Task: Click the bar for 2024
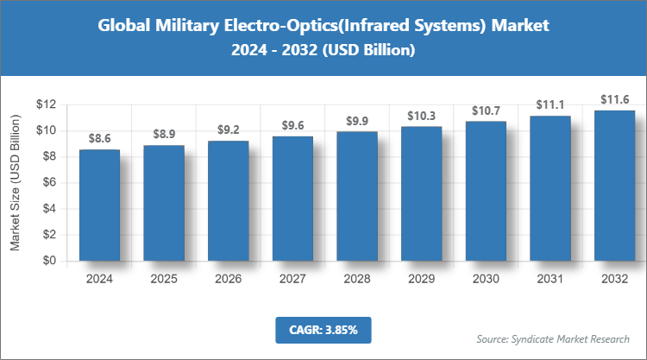point(99,205)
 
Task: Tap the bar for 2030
point(486,191)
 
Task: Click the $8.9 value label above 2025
point(164,133)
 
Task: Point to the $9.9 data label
point(357,120)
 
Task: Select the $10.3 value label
point(421,115)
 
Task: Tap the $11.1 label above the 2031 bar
point(550,104)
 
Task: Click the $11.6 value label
point(614,98)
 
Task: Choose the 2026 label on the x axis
point(228,279)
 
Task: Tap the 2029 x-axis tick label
point(421,279)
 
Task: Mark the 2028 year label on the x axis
point(357,279)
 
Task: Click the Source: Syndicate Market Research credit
point(553,338)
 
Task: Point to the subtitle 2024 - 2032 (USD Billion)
point(323,51)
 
